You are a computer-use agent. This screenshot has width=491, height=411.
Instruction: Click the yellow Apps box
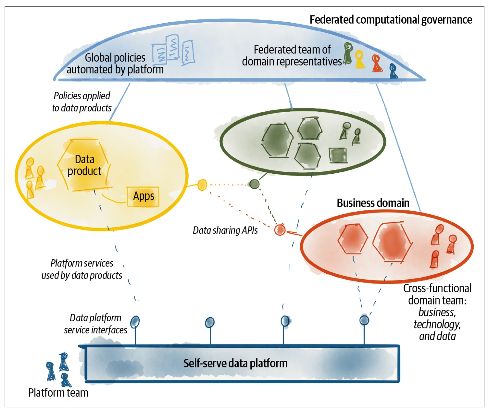coord(143,196)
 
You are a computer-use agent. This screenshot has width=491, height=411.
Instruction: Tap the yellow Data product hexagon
coord(84,165)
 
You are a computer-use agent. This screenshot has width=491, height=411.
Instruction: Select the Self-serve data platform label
coord(235,363)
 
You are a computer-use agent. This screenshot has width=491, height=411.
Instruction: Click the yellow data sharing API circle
coord(202,185)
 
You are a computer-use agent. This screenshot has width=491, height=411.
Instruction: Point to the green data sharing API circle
coord(254,184)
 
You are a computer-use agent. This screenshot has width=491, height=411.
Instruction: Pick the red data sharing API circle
coord(280,230)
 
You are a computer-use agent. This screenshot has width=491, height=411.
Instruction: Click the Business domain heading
coord(373,203)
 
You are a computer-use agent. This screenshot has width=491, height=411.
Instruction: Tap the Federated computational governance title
coord(391,20)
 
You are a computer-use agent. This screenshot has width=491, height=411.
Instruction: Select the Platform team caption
coord(58,392)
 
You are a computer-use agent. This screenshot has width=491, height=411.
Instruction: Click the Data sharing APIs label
coord(225,230)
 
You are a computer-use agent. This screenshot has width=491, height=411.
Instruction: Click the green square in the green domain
coord(338,155)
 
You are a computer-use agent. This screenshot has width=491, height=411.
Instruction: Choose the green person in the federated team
coord(348,53)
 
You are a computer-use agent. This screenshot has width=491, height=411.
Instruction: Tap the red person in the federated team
coord(376,63)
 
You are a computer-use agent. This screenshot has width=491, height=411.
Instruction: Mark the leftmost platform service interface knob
coord(135,322)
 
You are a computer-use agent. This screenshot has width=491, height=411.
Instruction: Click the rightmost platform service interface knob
coord(364,320)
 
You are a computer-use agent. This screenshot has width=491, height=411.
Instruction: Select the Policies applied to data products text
coord(82,102)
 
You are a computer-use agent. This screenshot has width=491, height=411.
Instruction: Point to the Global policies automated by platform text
coord(115,64)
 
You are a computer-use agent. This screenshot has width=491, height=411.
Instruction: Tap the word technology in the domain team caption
coord(437,324)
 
